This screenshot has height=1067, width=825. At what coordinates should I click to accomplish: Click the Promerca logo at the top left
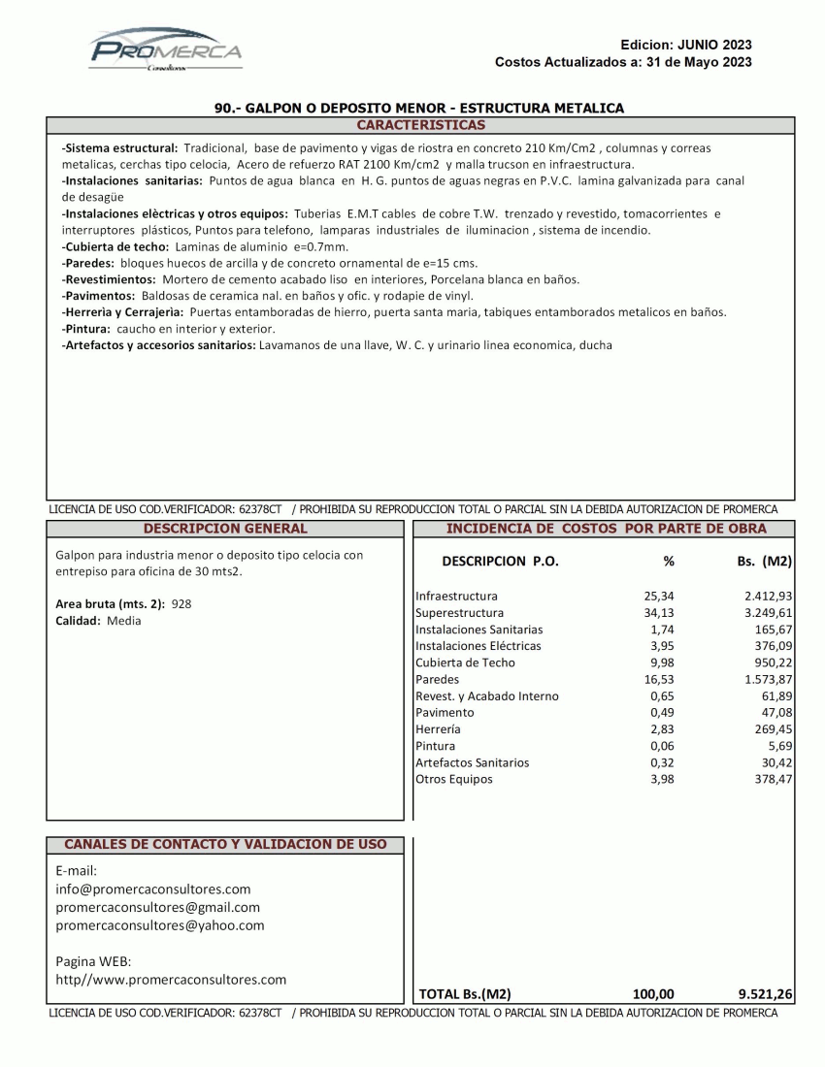tap(166, 50)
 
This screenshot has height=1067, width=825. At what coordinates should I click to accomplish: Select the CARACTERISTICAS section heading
tap(420, 125)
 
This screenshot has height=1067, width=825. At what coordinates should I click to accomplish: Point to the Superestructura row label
tap(459, 613)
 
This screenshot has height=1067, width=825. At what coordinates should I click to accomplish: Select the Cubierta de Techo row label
tap(465, 663)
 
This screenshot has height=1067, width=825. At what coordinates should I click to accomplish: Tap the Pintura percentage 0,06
tap(662, 746)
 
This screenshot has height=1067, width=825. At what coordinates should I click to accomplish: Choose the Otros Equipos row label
tap(453, 779)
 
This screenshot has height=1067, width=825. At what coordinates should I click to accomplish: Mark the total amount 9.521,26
tap(766, 993)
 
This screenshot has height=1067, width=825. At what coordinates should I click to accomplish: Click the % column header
tap(668, 561)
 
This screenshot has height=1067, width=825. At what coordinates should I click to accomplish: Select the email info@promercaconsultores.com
tap(153, 889)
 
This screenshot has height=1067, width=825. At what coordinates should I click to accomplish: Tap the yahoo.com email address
tap(160, 925)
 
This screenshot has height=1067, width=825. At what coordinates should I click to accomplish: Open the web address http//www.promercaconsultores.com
tap(171, 980)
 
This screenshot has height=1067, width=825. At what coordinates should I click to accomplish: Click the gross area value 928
tap(181, 603)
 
